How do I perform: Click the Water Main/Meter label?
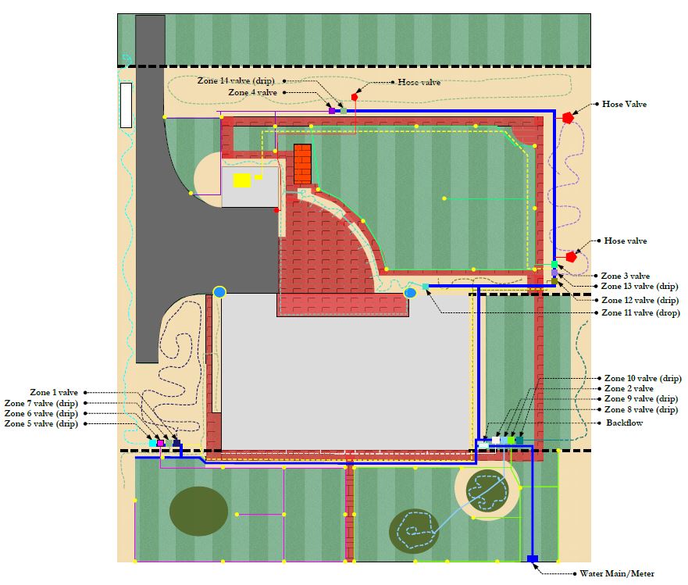point(616,573)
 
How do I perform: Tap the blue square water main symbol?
point(533,558)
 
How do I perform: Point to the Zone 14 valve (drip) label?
point(235,80)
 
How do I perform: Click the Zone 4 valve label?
point(252,92)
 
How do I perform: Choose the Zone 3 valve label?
point(625,276)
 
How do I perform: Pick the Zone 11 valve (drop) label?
point(640,312)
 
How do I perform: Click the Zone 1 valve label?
point(53,392)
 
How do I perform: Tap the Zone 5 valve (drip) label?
point(41,423)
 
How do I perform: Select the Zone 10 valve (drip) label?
point(643,378)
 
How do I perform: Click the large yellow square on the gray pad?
point(242,180)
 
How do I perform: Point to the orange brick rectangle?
point(302,164)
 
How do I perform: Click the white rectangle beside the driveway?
point(127,105)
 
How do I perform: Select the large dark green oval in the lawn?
point(198,511)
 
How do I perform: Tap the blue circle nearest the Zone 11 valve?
point(410,293)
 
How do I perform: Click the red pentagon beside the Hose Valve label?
point(569,117)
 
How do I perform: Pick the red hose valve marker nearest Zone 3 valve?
point(571,256)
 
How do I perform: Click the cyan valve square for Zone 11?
point(425,287)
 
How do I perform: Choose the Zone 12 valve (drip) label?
point(640,300)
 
